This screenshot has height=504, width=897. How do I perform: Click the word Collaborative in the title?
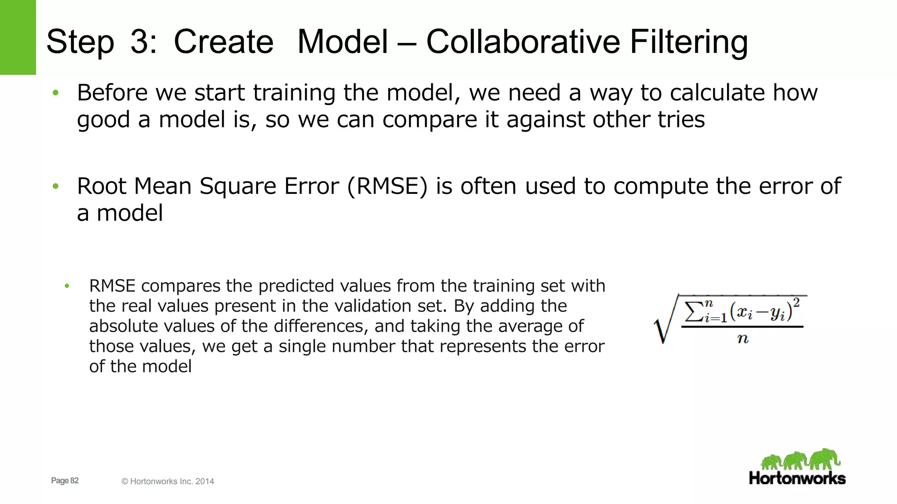pos(523,42)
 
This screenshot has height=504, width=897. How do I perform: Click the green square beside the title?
pos(18,37)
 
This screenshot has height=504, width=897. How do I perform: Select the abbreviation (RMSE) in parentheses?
pos(387,186)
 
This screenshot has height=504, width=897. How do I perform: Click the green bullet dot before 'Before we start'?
pos(56,93)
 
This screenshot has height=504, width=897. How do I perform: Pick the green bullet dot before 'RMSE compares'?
pos(67,286)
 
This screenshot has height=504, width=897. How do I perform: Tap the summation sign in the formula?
pos(693,311)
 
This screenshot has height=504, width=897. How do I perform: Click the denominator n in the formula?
pos(743,338)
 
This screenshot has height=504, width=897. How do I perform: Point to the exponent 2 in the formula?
pos(796,303)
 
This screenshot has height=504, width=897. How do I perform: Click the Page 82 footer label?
pos(65,480)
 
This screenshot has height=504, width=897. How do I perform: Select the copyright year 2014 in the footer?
pos(205,481)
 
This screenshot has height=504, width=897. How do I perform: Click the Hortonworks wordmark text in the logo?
pos(797,478)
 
